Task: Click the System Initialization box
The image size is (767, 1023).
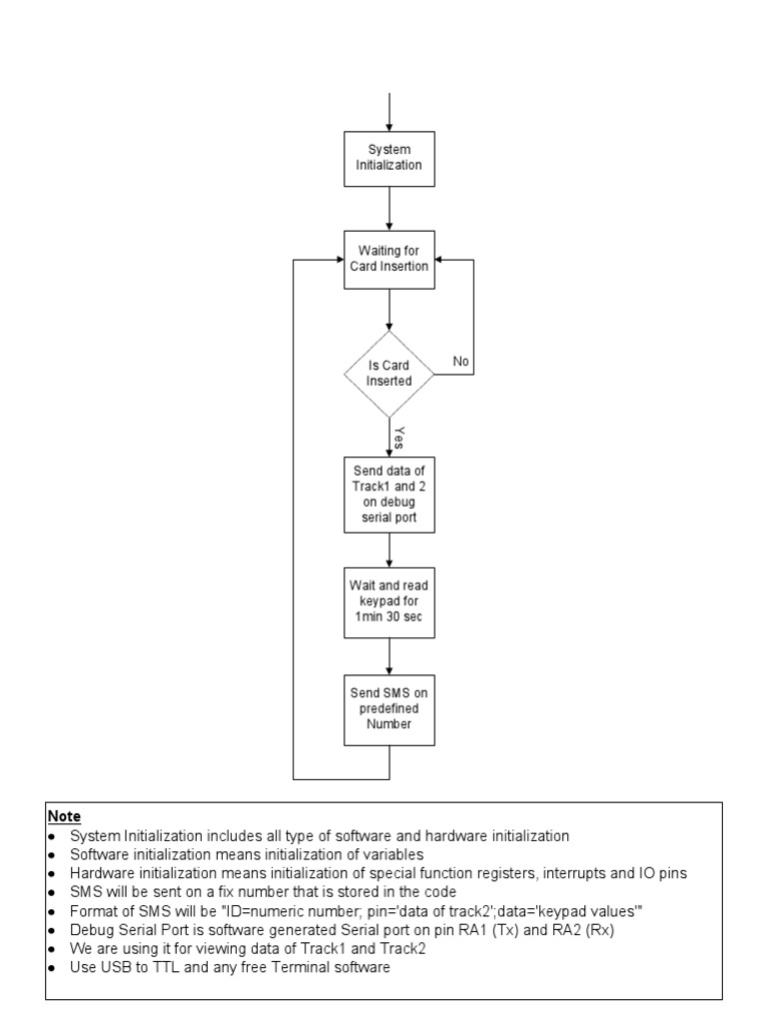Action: click(x=388, y=157)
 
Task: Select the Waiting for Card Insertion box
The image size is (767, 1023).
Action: click(x=388, y=258)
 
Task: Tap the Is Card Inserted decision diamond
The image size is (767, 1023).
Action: click(x=388, y=374)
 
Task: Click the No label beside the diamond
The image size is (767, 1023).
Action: click(x=460, y=361)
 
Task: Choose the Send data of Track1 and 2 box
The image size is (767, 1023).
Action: click(x=388, y=495)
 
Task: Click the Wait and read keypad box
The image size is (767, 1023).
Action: click(x=388, y=602)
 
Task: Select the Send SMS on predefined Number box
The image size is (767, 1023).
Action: click(x=388, y=708)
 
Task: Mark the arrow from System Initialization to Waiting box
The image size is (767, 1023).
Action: click(x=388, y=207)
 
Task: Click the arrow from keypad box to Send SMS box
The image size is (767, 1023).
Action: click(x=388, y=655)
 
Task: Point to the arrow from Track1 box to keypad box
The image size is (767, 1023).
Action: click(x=388, y=549)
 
